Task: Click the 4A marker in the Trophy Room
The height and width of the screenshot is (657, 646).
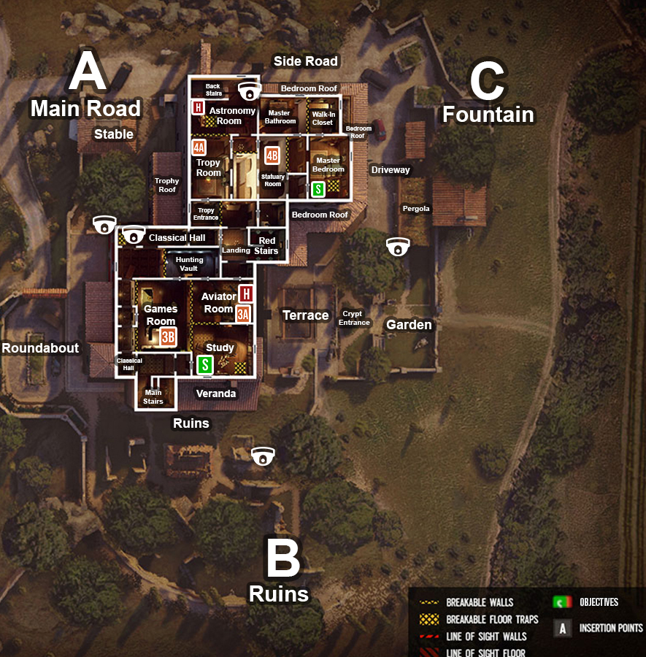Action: (x=199, y=147)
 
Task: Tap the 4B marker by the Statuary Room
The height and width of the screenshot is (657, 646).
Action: (x=272, y=155)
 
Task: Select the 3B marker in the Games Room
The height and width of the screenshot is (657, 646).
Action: (x=169, y=337)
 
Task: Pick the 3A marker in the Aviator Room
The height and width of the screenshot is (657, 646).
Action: (x=243, y=314)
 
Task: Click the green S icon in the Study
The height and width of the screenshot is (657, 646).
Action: (x=205, y=364)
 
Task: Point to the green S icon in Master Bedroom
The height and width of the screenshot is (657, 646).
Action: (x=318, y=189)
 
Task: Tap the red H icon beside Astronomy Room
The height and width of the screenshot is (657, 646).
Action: (x=197, y=108)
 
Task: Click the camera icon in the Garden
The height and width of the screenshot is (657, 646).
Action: (x=398, y=247)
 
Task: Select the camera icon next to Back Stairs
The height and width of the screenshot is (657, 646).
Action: (x=249, y=91)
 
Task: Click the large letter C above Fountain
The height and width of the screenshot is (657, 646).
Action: (x=488, y=82)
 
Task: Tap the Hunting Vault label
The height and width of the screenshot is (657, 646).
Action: (x=190, y=264)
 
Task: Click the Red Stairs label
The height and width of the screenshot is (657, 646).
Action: (x=266, y=246)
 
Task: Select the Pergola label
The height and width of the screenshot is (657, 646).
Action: (x=416, y=209)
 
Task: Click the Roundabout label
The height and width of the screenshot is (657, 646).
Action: (x=40, y=348)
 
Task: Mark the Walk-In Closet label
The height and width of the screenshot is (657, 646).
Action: (x=323, y=118)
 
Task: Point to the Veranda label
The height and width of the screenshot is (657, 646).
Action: (x=216, y=393)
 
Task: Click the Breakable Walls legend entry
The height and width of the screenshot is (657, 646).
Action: (x=480, y=603)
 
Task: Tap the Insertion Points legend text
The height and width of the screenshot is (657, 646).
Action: (x=611, y=628)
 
